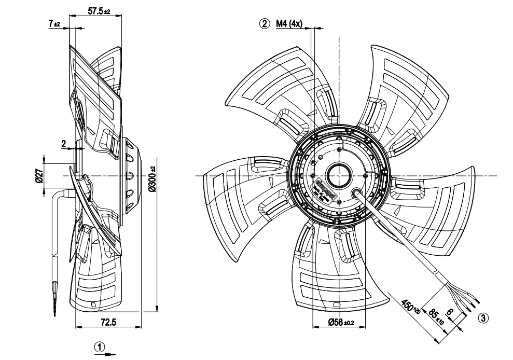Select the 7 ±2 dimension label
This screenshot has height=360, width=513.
[54, 24]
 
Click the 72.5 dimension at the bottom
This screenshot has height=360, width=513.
[108, 322]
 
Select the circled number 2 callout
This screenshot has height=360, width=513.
[265, 23]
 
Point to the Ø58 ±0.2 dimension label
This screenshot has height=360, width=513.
[341, 323]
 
